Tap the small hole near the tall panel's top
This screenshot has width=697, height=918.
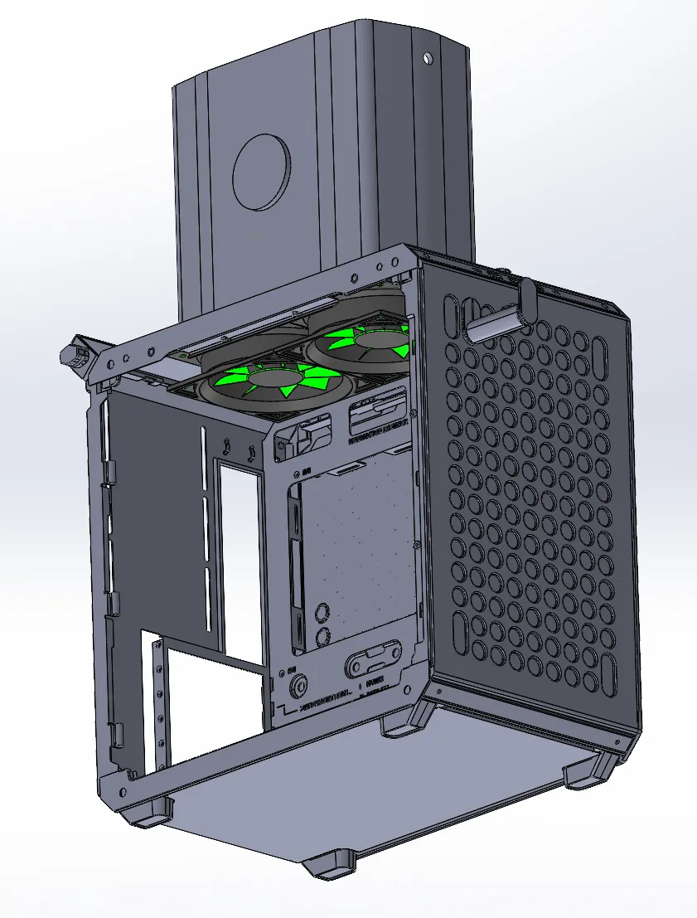click(427, 58)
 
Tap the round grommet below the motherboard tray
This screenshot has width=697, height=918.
click(298, 686)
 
